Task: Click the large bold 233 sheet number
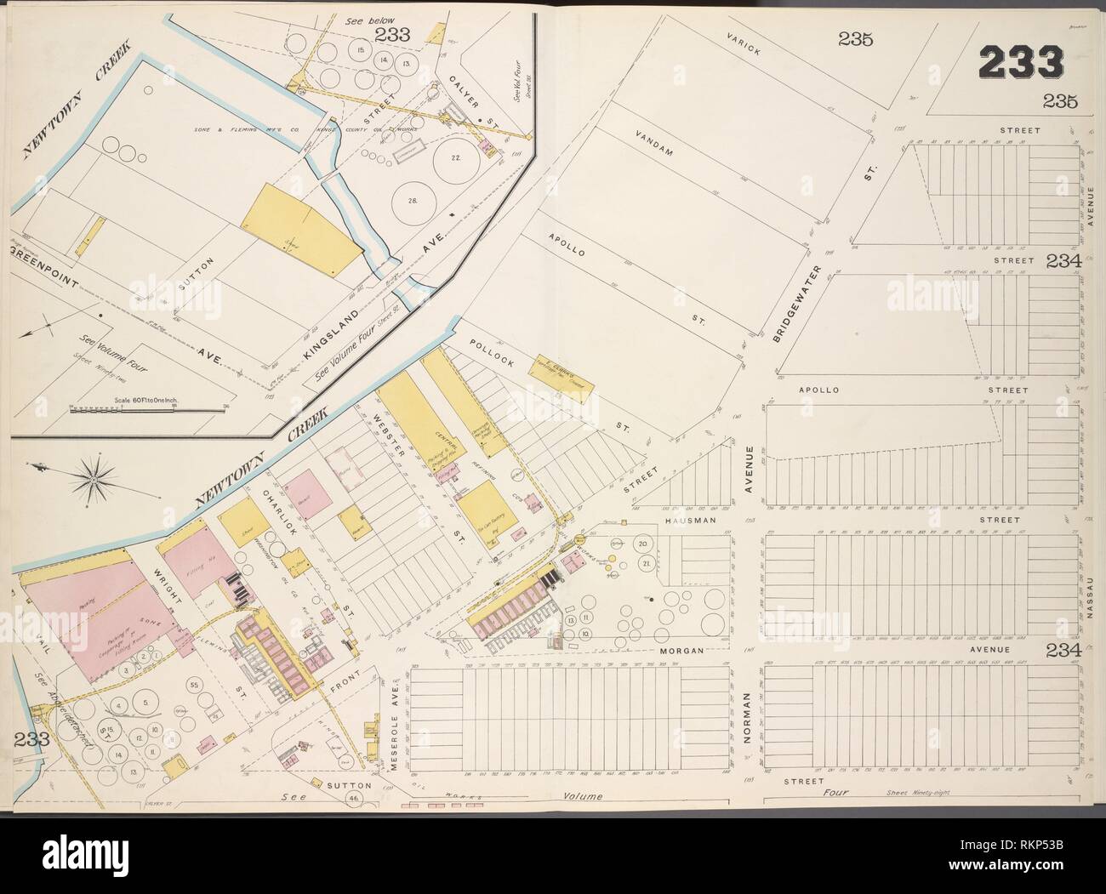click(x=1021, y=63)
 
